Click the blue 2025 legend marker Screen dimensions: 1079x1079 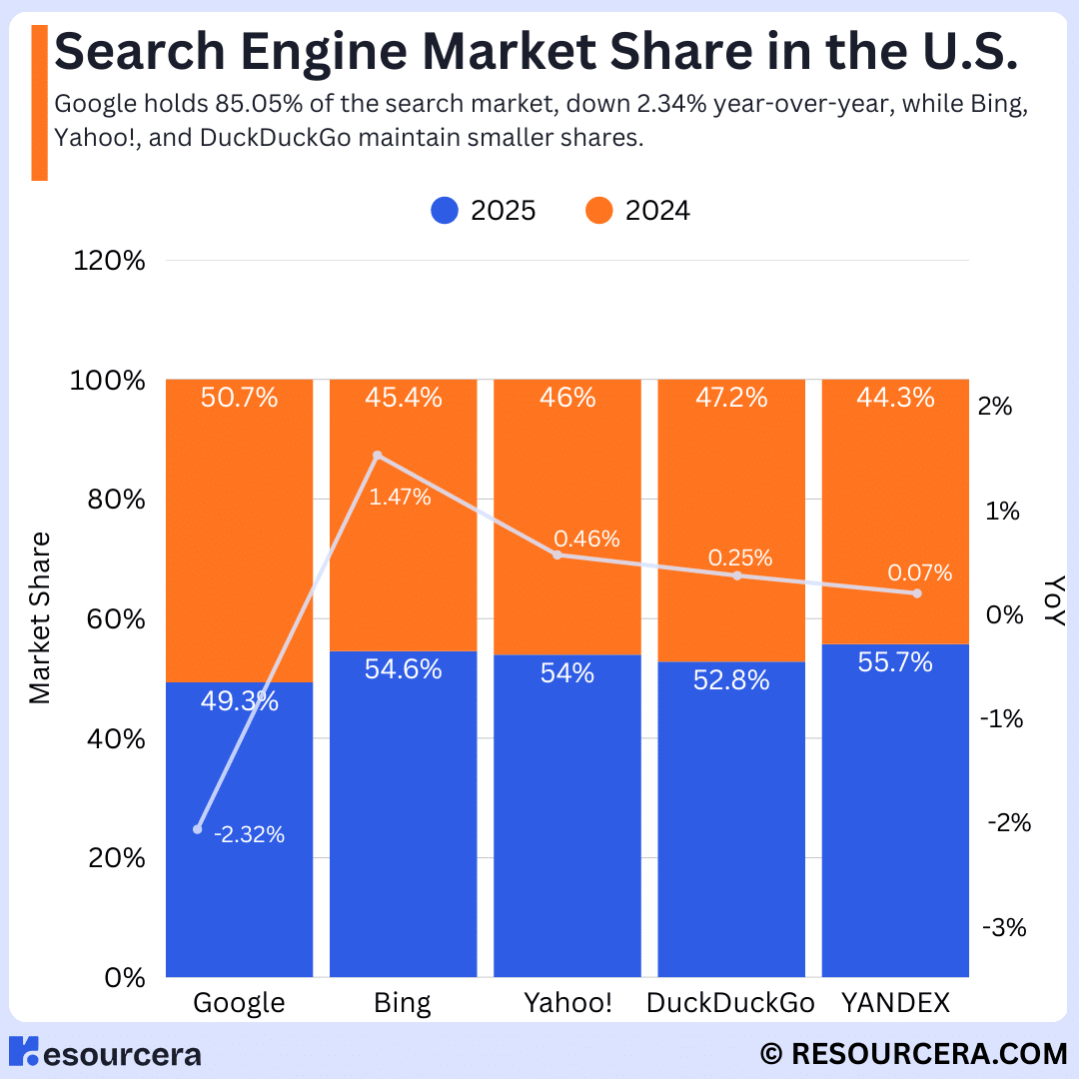(x=445, y=211)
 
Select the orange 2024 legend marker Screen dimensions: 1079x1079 (x=599, y=211)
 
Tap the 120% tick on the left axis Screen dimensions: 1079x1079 (x=110, y=262)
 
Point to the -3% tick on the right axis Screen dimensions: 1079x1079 (x=1004, y=927)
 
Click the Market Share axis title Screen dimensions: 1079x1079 (x=40, y=618)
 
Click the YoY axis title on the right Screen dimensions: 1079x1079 (x=1052, y=600)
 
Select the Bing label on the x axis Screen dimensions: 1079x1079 (x=402, y=1003)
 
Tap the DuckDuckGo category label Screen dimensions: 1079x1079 (x=730, y=1003)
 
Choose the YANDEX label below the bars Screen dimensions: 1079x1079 (x=895, y=1003)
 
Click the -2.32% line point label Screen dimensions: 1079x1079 (x=249, y=835)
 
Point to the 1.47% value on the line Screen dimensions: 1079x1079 (x=400, y=497)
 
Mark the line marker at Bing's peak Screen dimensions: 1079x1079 (x=378, y=456)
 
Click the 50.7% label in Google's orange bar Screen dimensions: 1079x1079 (x=239, y=398)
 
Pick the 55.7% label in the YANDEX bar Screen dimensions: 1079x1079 (x=895, y=661)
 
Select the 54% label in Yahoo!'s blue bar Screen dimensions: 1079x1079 (x=566, y=673)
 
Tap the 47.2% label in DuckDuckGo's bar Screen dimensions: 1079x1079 (x=730, y=398)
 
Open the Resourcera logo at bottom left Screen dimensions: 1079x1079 (x=106, y=1053)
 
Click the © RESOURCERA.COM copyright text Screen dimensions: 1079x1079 (x=913, y=1053)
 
